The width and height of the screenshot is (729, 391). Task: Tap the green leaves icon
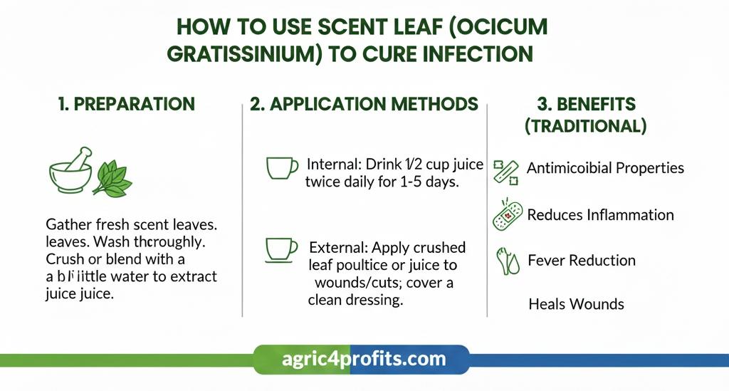(x=112, y=179)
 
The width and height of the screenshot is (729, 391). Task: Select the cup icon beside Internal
(x=281, y=167)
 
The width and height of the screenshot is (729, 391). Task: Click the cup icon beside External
(x=281, y=249)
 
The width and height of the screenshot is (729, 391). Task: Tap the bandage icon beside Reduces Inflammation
(x=507, y=214)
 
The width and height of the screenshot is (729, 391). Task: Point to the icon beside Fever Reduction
(x=507, y=261)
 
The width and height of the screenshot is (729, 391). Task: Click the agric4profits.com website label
(x=362, y=358)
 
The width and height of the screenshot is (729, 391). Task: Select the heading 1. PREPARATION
(x=126, y=104)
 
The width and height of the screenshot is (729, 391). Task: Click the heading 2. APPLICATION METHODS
(x=364, y=104)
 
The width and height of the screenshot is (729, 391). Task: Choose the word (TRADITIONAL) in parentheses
(x=585, y=127)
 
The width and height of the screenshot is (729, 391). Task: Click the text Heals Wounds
(x=576, y=304)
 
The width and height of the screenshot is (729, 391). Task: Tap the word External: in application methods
(x=338, y=248)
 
